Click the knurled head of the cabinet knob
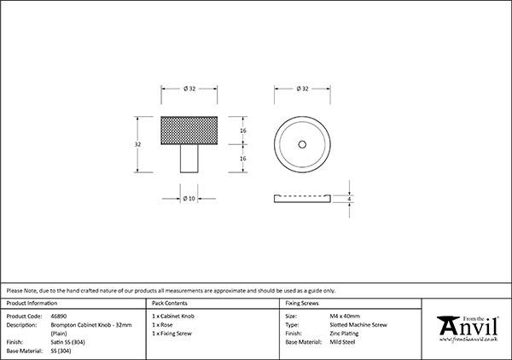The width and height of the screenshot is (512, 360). click(x=189, y=131)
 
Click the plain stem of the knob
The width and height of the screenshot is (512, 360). click(x=189, y=159)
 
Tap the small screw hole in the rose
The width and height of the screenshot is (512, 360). click(x=302, y=144)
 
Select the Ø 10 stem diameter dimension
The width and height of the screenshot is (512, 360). click(x=189, y=199)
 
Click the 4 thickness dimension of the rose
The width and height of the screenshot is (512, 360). click(x=349, y=199)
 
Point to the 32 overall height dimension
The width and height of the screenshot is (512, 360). click(x=137, y=144)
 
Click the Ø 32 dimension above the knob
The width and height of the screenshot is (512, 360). click(x=189, y=89)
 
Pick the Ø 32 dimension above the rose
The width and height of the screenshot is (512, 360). click(x=303, y=89)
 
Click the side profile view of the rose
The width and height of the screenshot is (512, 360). click(x=302, y=199)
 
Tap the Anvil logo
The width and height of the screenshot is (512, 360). click(x=468, y=328)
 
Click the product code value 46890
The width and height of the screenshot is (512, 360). click(x=59, y=316)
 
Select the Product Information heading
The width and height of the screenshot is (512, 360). click(x=32, y=303)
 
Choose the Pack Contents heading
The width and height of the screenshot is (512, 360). click(x=170, y=303)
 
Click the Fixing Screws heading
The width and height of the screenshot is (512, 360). click(x=302, y=303)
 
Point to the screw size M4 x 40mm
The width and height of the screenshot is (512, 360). click(x=345, y=316)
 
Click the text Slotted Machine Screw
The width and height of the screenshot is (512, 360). click(x=358, y=325)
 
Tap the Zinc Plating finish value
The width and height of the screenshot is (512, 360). click(x=344, y=334)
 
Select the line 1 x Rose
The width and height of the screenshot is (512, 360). click(x=162, y=325)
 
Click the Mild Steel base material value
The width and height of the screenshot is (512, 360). click(x=342, y=342)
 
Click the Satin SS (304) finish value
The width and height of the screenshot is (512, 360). click(x=68, y=342)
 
